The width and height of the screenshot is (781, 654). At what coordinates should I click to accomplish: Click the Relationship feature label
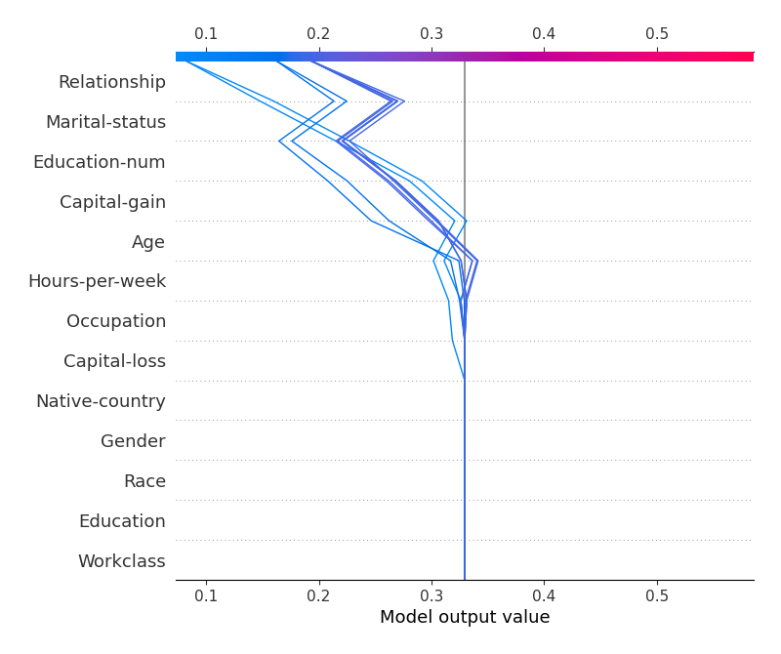[x=111, y=82]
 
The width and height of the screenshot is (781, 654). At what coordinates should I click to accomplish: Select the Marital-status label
[x=105, y=122]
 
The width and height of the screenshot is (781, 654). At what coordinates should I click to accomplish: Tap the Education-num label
[x=99, y=162]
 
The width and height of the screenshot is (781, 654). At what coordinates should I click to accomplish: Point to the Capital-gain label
[x=112, y=202]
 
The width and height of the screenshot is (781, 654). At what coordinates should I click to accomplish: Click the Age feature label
[x=148, y=242]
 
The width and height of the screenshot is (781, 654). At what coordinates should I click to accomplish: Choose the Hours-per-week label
[x=97, y=281]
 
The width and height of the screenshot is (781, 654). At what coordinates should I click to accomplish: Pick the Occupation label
[x=116, y=321]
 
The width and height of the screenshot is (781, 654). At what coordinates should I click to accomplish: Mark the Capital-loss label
[x=114, y=361]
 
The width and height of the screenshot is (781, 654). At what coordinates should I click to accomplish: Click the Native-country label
[x=101, y=401]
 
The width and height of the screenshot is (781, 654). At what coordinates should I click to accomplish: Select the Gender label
[x=133, y=441]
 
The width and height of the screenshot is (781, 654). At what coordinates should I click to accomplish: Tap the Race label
[x=144, y=481]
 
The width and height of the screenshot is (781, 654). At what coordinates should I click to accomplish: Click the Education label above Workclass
[x=122, y=521]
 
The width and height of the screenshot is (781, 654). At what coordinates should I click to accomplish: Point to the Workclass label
[x=121, y=561]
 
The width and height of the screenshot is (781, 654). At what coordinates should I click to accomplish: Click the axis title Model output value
[x=465, y=617]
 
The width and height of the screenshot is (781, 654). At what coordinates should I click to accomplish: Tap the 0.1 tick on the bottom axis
[x=206, y=595]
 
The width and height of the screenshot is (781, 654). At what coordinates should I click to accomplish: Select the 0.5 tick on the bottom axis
[x=657, y=595]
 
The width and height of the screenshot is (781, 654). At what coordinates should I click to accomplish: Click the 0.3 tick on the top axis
[x=432, y=34]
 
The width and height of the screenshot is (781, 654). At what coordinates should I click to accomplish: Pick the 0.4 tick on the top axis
[x=544, y=34]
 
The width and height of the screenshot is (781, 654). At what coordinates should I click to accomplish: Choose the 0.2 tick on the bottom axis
[x=318, y=595]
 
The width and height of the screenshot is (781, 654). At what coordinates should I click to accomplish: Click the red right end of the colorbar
[x=746, y=57]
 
